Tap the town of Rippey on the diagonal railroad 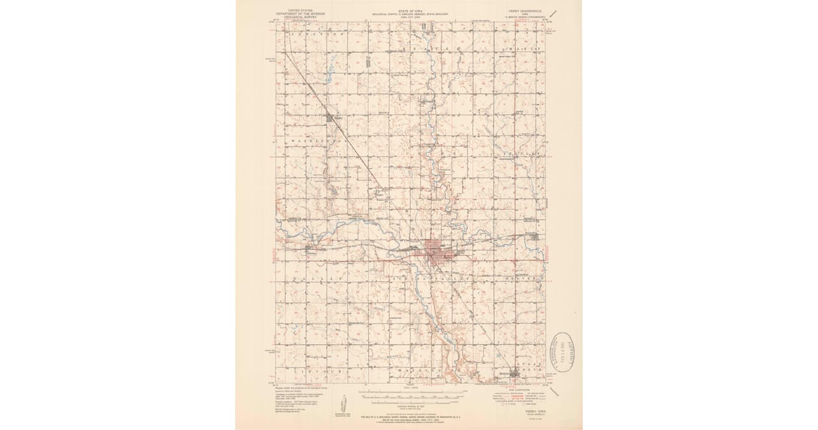pos(333,118)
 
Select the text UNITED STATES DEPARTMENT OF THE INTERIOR pos(301,13)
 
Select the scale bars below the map pos(409,397)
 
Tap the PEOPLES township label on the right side pos(525,156)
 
